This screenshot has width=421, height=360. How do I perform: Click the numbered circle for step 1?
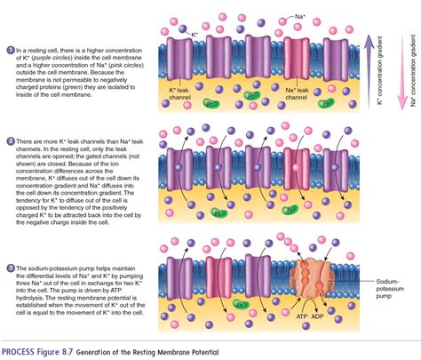pyautogui.click(x=9, y=50)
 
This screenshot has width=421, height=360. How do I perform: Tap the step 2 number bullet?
pyautogui.click(x=9, y=141)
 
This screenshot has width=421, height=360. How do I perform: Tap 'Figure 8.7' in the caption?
pyautogui.click(x=74, y=352)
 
